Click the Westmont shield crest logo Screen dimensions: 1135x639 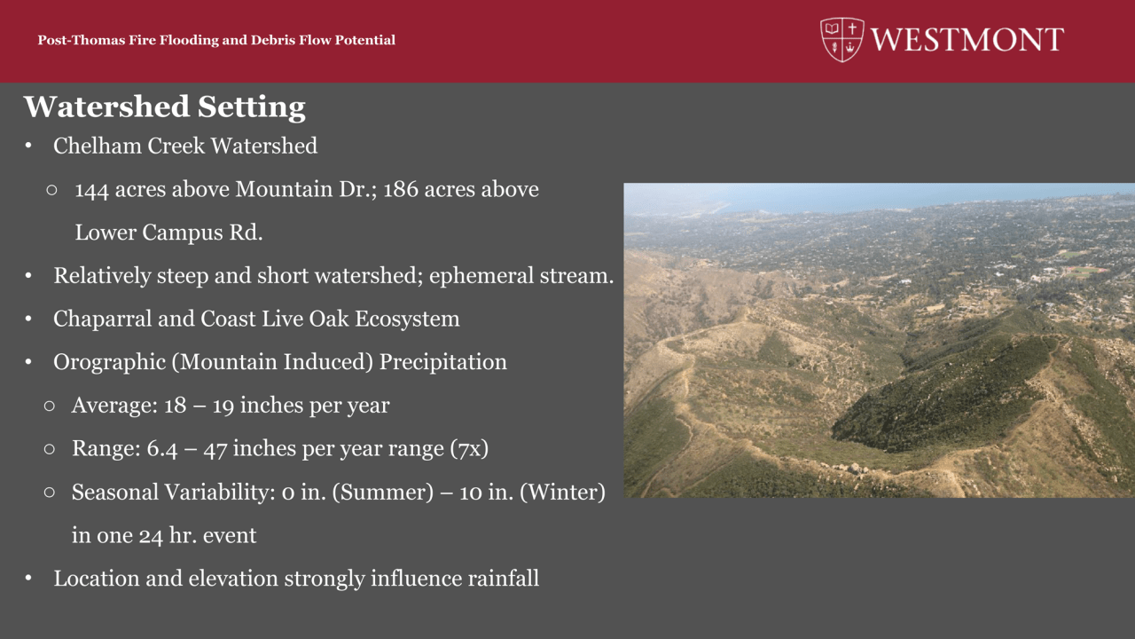[841, 40]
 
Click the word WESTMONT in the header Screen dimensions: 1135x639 [967, 40]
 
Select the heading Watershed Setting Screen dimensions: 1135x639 [165, 107]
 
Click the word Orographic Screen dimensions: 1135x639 [109, 363]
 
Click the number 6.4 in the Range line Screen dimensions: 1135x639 [162, 449]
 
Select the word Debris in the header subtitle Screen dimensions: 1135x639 [273, 40]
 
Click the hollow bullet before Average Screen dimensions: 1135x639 [50, 406]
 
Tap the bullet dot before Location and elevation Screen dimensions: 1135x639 [28, 578]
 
